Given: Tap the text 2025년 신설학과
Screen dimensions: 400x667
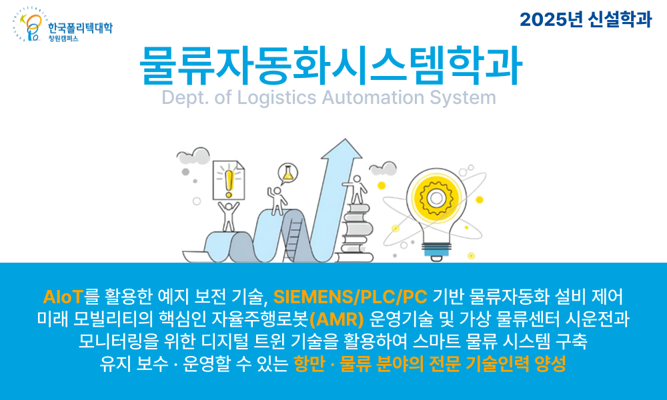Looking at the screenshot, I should (x=585, y=19).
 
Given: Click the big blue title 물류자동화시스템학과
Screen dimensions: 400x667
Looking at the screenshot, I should (x=331, y=65).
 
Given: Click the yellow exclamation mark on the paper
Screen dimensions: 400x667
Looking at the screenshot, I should (x=229, y=180).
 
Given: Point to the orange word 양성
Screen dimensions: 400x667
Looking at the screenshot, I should (x=551, y=364).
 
